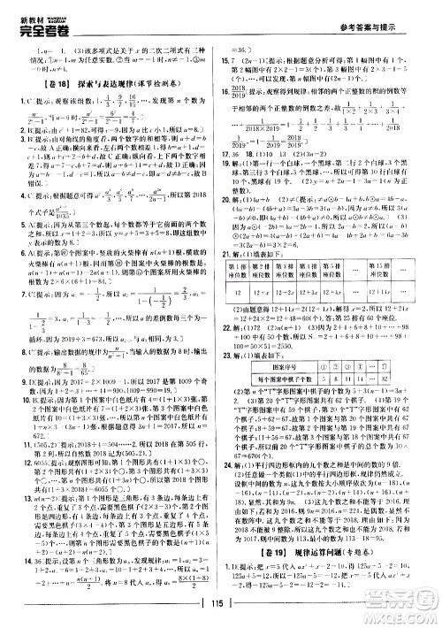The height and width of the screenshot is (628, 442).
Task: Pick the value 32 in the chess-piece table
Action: [401, 375]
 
